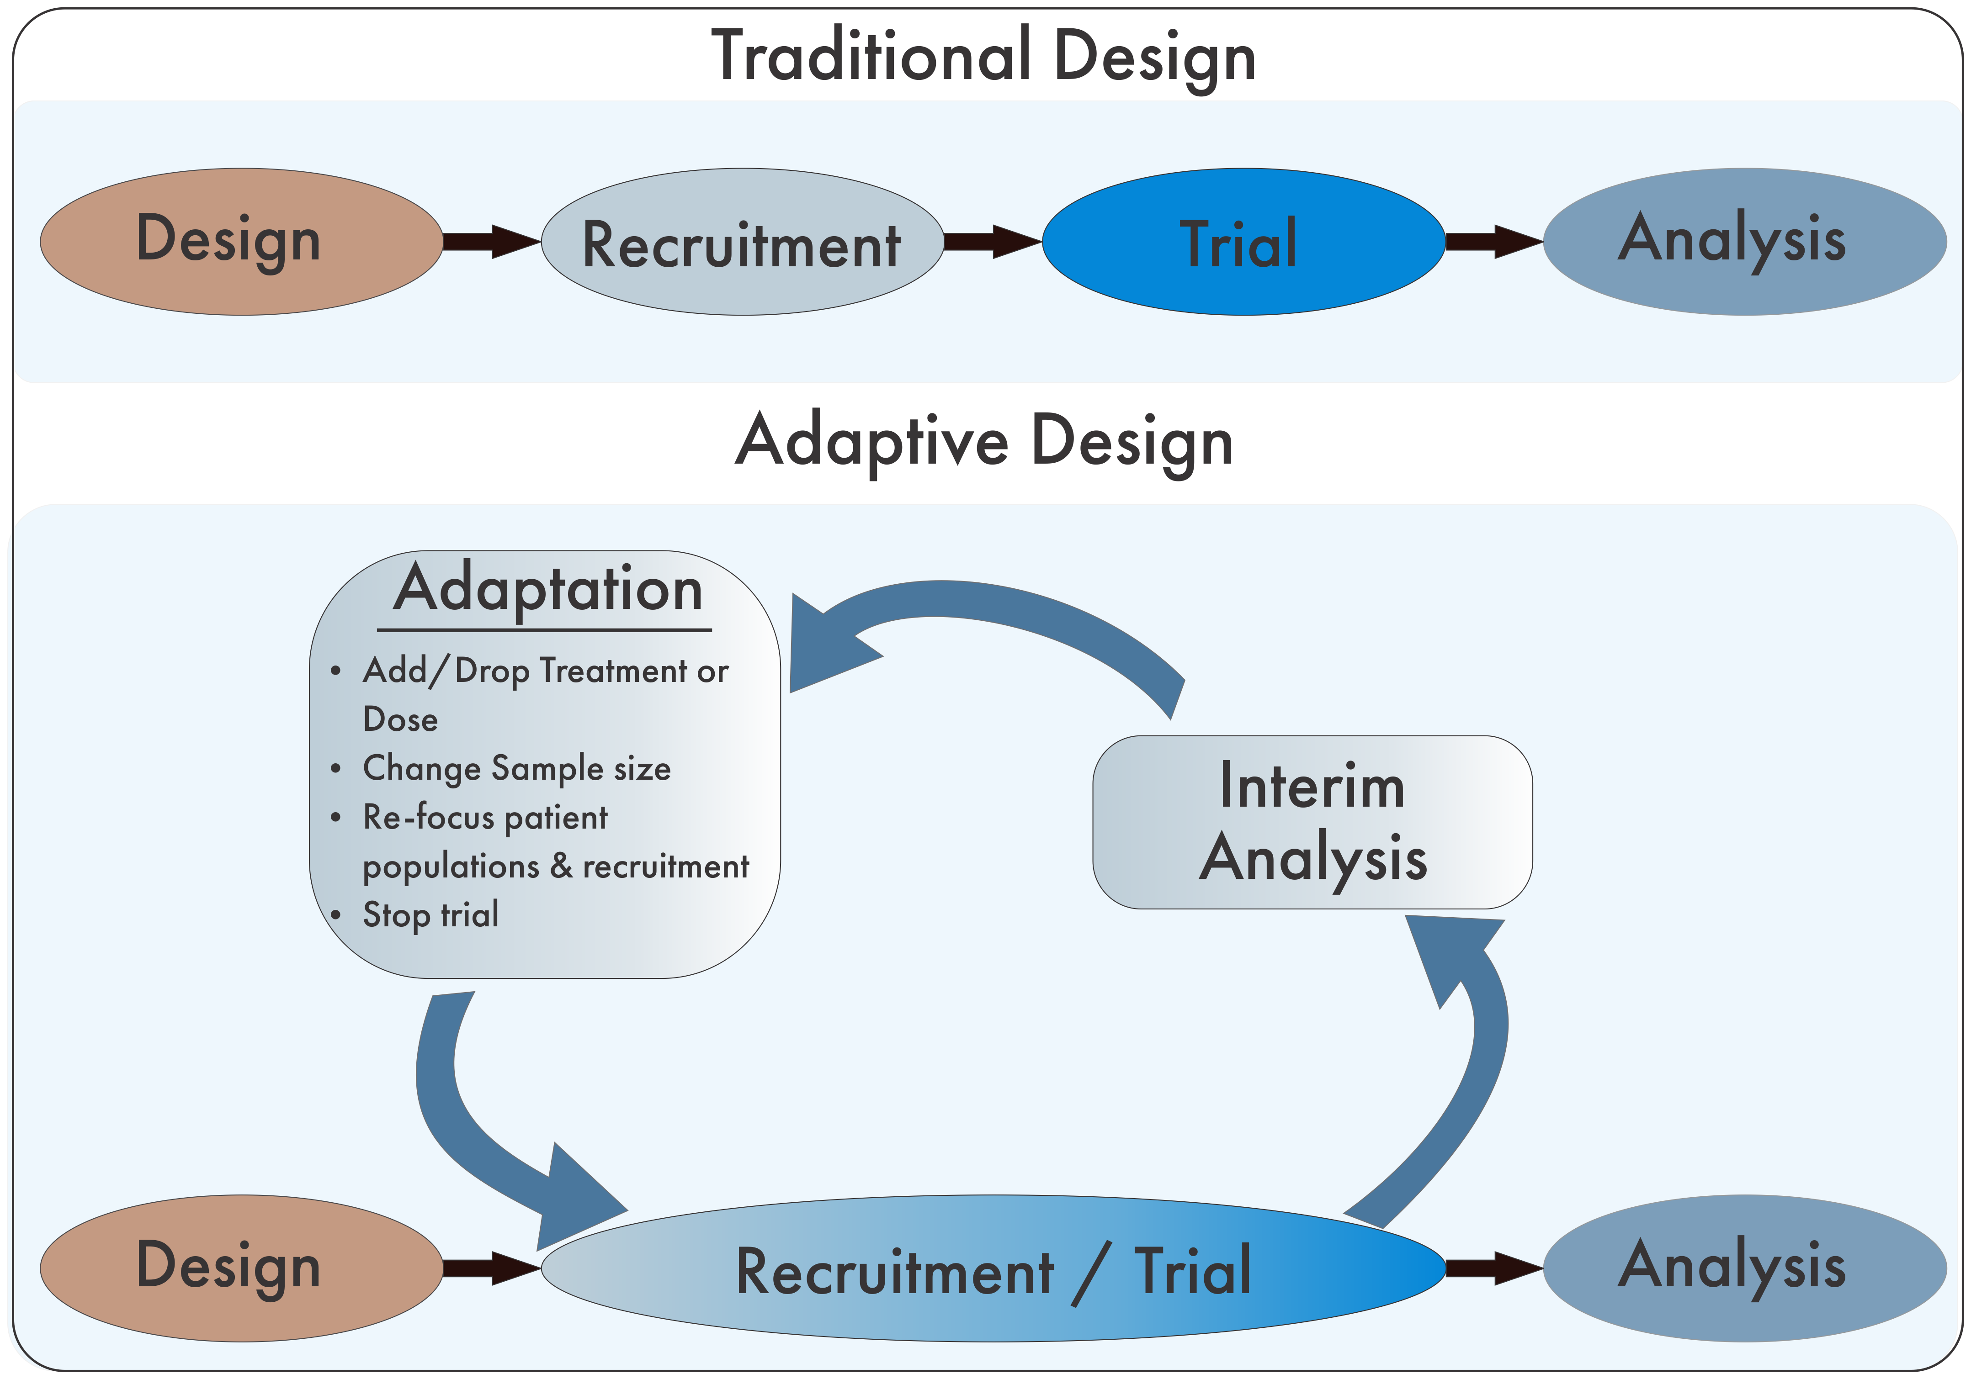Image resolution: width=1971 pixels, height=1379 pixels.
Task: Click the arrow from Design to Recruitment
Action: coord(491,242)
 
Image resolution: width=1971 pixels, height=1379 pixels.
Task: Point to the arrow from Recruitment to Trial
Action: coord(993,242)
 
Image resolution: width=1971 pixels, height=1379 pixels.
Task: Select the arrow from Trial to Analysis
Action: coord(1494,242)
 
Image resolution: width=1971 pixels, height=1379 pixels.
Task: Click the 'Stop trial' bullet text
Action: coord(431,915)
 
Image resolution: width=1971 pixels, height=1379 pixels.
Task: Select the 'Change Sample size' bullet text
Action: coord(517,768)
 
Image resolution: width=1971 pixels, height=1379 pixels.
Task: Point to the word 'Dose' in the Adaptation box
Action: coord(400,719)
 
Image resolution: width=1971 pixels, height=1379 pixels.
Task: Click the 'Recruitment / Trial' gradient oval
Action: coord(993,1268)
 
